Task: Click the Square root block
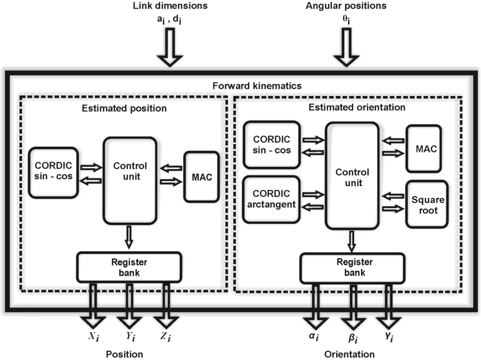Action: click(427, 204)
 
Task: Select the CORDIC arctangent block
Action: click(271, 199)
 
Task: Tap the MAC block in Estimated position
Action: click(201, 177)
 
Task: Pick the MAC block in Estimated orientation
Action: click(423, 149)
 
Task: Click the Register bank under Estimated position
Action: click(129, 267)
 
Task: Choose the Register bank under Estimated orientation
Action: click(352, 268)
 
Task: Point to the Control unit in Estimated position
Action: click(130, 181)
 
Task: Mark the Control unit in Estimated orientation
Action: click(352, 176)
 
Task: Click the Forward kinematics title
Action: click(257, 86)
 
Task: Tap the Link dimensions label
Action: click(170, 6)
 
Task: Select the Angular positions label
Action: click(346, 6)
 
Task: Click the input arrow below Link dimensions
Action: click(170, 47)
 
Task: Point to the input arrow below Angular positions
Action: click(346, 47)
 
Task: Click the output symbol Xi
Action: click(94, 337)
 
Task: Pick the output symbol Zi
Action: click(165, 337)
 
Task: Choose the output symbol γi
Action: click(389, 337)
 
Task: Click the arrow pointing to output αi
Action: click(316, 306)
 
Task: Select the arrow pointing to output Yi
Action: click(129, 306)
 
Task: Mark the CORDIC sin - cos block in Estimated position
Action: click(53, 173)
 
